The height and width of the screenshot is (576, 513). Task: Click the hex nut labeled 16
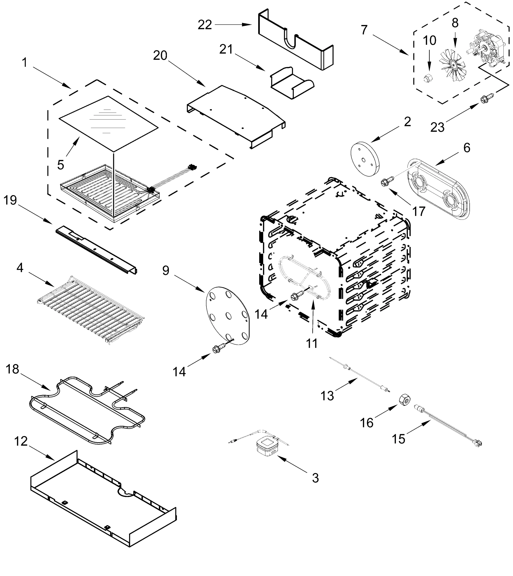coord(405,400)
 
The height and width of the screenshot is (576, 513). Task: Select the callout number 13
coord(327,396)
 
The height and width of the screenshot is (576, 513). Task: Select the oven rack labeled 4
coord(90,310)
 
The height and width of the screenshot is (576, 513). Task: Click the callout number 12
coord(21,441)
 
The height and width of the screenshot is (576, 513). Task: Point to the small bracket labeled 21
coord(292,84)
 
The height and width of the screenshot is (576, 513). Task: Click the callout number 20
coord(160,55)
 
